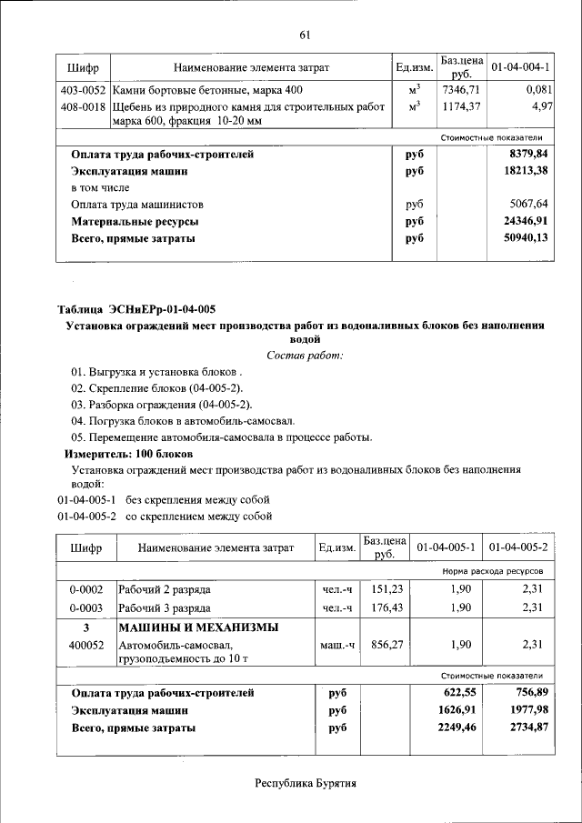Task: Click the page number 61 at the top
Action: (305, 35)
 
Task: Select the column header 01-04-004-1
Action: (520, 67)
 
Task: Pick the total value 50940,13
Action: (525, 238)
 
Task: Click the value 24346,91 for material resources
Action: (525, 221)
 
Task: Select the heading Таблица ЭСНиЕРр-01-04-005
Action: (136, 308)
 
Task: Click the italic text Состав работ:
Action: (305, 355)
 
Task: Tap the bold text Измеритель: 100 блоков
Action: (128, 453)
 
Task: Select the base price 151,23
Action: (386, 589)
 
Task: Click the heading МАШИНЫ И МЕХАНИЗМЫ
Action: (197, 627)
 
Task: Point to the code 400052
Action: (86, 644)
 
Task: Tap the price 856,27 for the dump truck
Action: (386, 644)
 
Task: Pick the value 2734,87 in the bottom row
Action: (525, 728)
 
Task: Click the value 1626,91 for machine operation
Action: (452, 710)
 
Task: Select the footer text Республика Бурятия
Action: (305, 783)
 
